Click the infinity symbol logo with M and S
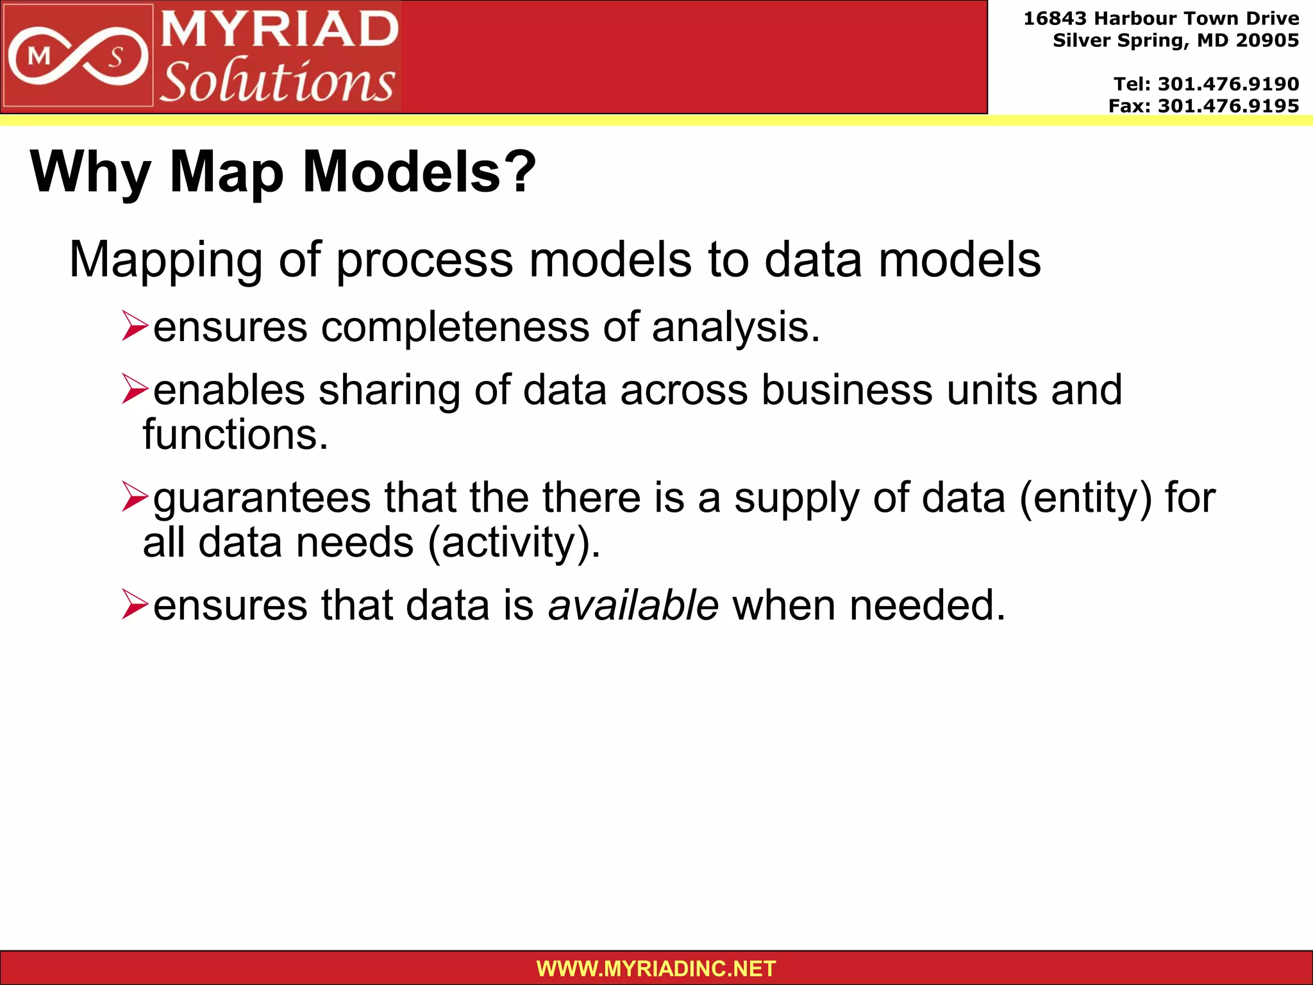pos(77,57)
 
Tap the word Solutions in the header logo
pos(277,81)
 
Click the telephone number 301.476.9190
pos(1228,84)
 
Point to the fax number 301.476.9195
pos(1228,106)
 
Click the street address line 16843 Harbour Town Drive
pos(1161,19)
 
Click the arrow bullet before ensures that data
pos(135,605)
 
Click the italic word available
pos(633,605)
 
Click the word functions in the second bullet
pos(235,435)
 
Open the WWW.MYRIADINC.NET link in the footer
pos(656,968)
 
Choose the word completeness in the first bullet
pos(455,327)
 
